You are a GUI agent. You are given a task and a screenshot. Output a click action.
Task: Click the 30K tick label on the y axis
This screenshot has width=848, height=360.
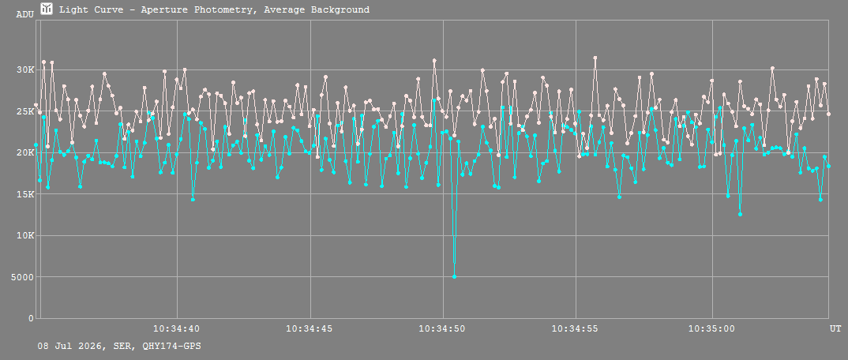(x=25, y=69)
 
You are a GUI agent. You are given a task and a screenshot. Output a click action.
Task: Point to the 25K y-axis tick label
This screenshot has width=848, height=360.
(x=25, y=111)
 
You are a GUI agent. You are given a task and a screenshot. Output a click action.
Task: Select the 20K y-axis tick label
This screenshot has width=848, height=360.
(x=25, y=152)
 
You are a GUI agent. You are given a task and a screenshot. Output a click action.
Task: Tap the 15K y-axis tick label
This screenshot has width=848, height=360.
(x=25, y=194)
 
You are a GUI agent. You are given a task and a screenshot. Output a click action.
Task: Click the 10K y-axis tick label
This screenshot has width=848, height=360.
(x=25, y=236)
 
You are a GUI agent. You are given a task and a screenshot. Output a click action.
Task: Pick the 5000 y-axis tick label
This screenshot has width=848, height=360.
(x=23, y=277)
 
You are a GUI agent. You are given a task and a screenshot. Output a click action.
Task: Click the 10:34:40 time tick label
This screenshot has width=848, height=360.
(x=177, y=328)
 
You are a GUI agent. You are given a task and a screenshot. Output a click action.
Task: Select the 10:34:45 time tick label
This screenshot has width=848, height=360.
(x=310, y=328)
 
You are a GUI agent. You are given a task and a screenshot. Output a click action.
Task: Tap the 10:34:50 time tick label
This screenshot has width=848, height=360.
(x=443, y=328)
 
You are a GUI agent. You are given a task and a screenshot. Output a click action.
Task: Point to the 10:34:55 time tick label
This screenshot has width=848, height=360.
(x=576, y=328)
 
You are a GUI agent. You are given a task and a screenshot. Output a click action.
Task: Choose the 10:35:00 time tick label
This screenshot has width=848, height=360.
(x=711, y=328)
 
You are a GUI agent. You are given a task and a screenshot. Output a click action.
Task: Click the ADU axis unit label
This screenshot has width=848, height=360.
(x=25, y=14)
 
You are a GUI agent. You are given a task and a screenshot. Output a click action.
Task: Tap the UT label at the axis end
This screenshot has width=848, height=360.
(x=835, y=328)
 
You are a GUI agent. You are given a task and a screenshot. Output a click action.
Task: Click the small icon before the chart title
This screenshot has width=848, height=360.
(x=47, y=9)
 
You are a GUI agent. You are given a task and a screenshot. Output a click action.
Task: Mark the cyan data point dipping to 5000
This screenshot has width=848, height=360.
(x=454, y=277)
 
